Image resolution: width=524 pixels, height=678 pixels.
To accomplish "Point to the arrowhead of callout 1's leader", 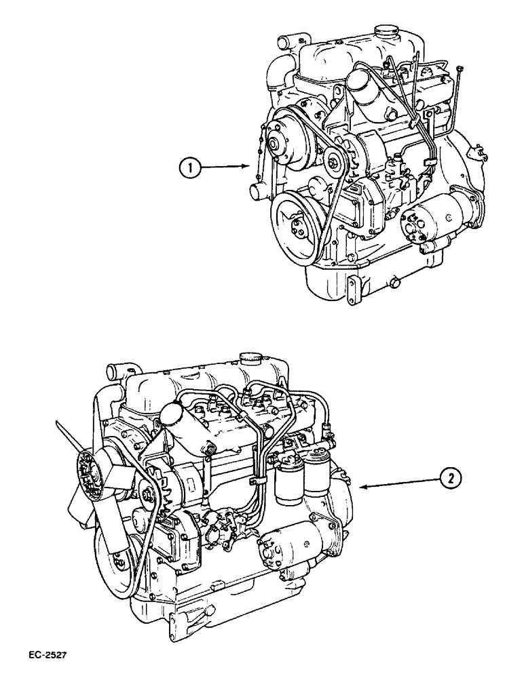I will click(248, 165).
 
